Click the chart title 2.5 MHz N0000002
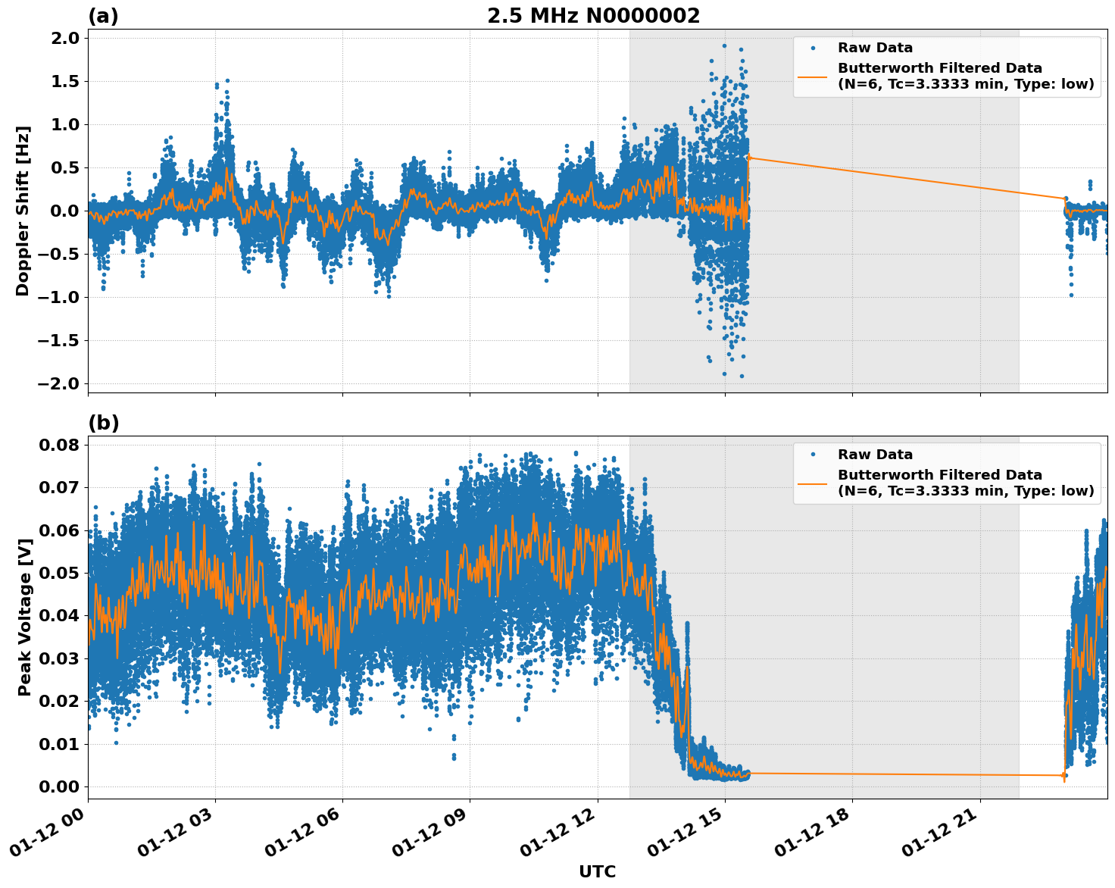coord(593,16)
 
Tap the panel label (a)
coord(103,16)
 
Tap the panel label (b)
coord(103,423)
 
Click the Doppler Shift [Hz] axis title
coord(23,211)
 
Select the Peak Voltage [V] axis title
coord(24,617)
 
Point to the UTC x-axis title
coord(597,871)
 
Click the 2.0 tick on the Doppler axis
coord(64,39)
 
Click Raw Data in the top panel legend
coord(875,48)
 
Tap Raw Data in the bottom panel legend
coord(875,455)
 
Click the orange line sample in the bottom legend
coord(812,483)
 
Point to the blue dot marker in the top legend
coord(812,48)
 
